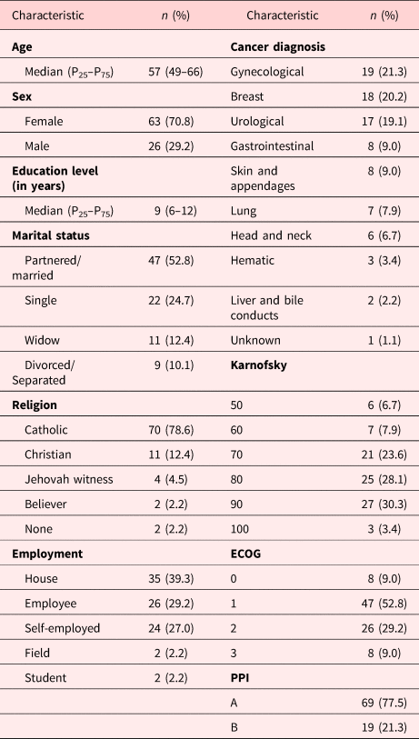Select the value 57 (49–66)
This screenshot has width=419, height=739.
tap(165, 72)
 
